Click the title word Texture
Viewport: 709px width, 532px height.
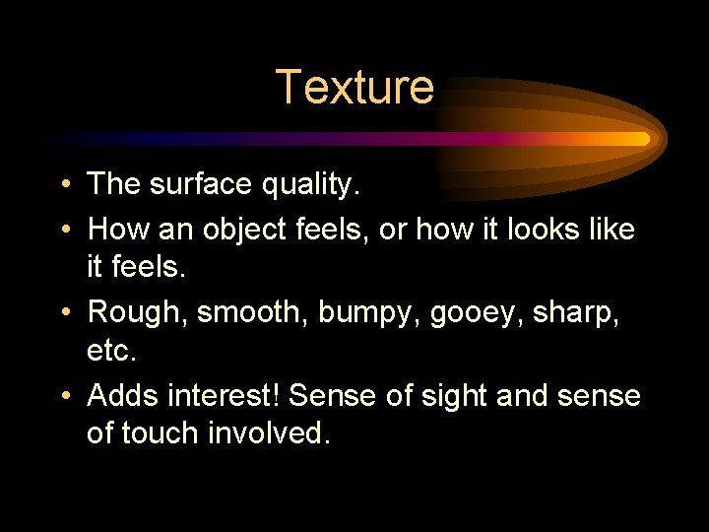coord(354,87)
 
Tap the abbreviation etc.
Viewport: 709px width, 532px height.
coord(109,350)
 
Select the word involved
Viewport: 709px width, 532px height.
coord(266,433)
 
